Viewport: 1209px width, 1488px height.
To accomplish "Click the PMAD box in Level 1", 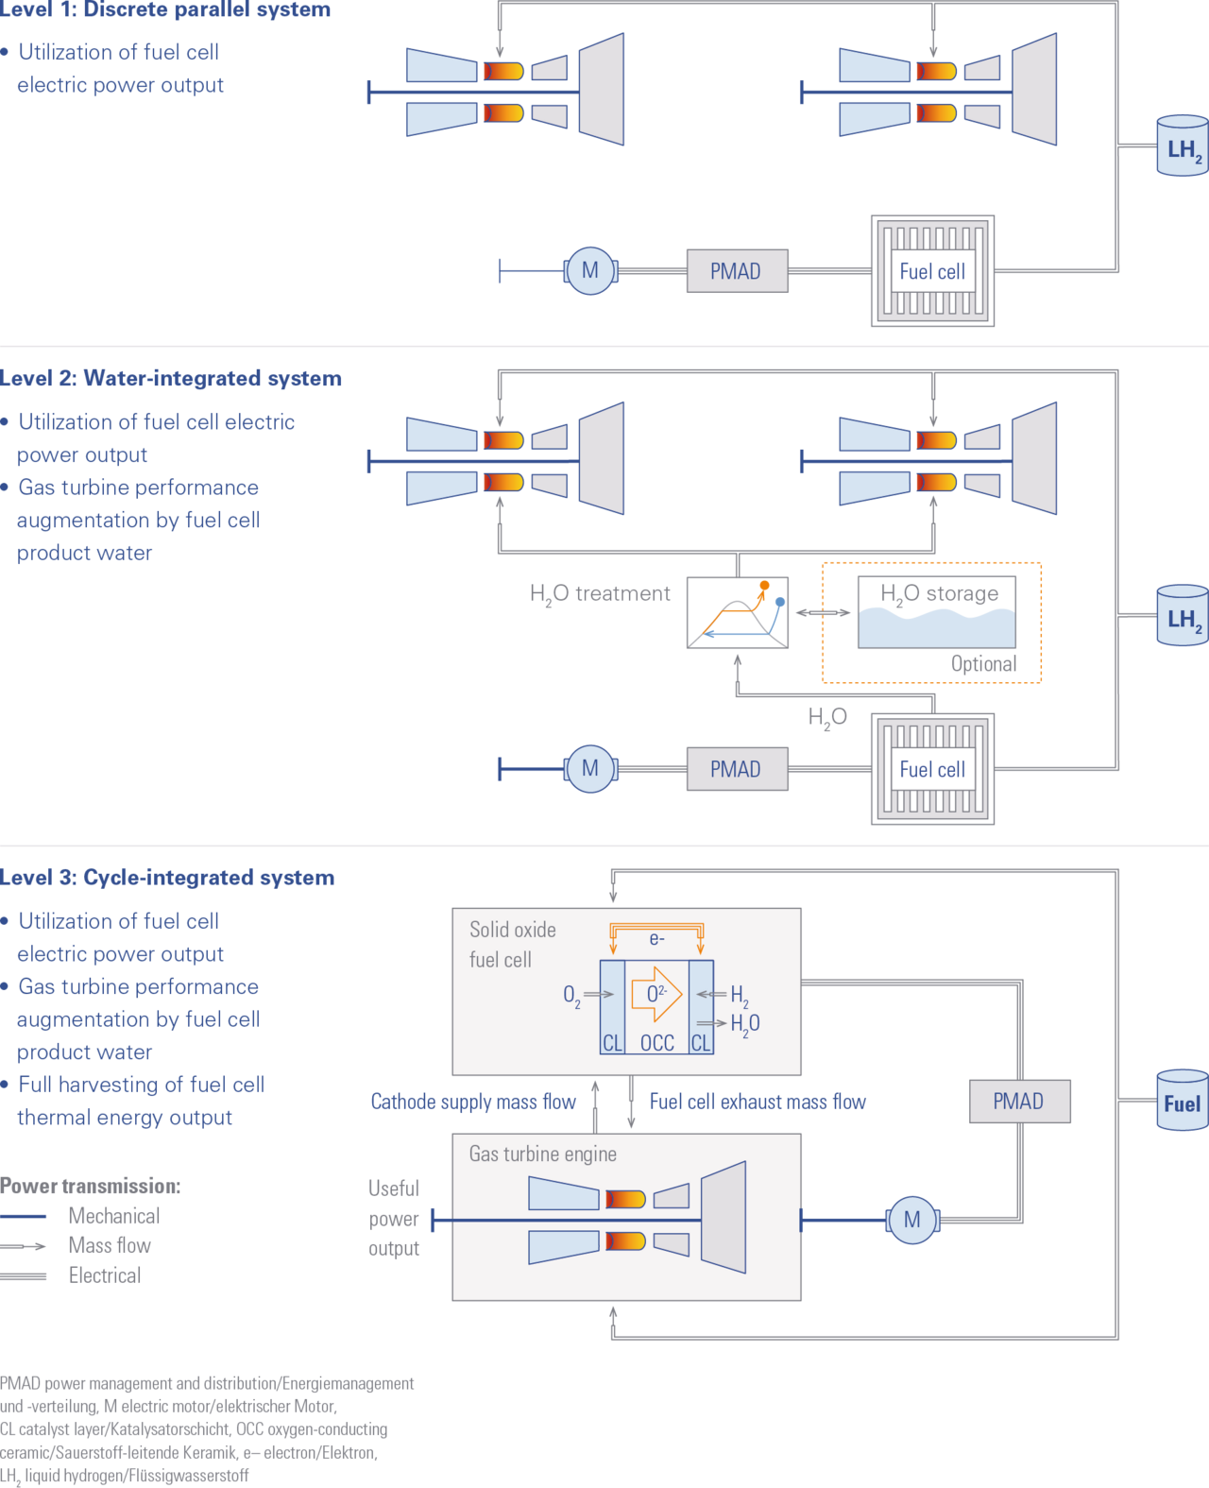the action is point(737,270).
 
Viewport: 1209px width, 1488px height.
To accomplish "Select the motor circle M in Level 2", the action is point(590,768).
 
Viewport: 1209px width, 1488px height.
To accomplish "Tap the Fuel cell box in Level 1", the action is point(932,271).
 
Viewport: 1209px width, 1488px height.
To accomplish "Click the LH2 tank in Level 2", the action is point(1183,615).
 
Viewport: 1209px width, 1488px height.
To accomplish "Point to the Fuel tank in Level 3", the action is point(1183,1100).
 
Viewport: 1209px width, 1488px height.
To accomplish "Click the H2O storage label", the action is point(940,594).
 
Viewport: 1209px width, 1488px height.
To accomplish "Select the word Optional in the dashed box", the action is point(983,663).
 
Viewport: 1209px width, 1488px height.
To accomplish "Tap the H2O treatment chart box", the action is point(738,612).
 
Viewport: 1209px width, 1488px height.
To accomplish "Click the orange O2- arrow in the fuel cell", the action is point(656,994).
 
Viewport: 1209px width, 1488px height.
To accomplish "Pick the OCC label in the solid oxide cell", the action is point(657,1043).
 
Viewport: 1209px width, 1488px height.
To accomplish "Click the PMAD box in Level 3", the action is point(1020,1102).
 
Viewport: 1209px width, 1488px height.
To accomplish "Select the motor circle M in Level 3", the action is point(912,1220).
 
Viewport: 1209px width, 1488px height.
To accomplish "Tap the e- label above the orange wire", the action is point(656,939).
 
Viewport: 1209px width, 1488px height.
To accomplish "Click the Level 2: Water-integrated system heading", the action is point(170,378).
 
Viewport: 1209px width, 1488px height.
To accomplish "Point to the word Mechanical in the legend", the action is point(114,1216).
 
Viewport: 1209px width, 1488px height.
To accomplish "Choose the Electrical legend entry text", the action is point(105,1275).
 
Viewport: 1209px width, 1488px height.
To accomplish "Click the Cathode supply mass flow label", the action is point(473,1102).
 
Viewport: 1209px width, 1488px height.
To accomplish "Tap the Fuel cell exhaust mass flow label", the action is point(758,1102).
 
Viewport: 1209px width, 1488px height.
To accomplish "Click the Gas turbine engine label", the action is point(543,1154).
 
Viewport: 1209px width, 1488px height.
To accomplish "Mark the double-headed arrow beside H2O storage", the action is point(824,612).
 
